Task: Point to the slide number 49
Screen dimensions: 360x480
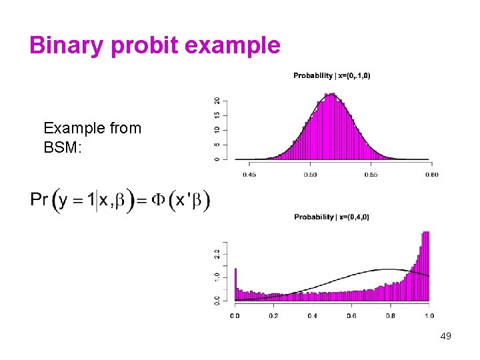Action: point(445,336)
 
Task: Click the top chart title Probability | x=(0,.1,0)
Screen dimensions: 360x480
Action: point(331,75)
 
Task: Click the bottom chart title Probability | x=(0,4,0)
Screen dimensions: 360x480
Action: point(331,217)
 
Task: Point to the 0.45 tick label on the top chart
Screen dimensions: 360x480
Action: point(249,175)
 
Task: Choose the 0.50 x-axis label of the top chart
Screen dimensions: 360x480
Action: point(310,175)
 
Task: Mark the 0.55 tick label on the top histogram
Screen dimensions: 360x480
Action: point(371,175)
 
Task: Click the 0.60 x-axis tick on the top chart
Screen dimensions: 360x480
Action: point(431,175)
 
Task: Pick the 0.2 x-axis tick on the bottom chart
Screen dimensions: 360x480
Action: point(273,315)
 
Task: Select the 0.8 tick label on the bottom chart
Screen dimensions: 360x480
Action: point(390,315)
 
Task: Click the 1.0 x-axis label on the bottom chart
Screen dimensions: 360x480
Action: point(428,315)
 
